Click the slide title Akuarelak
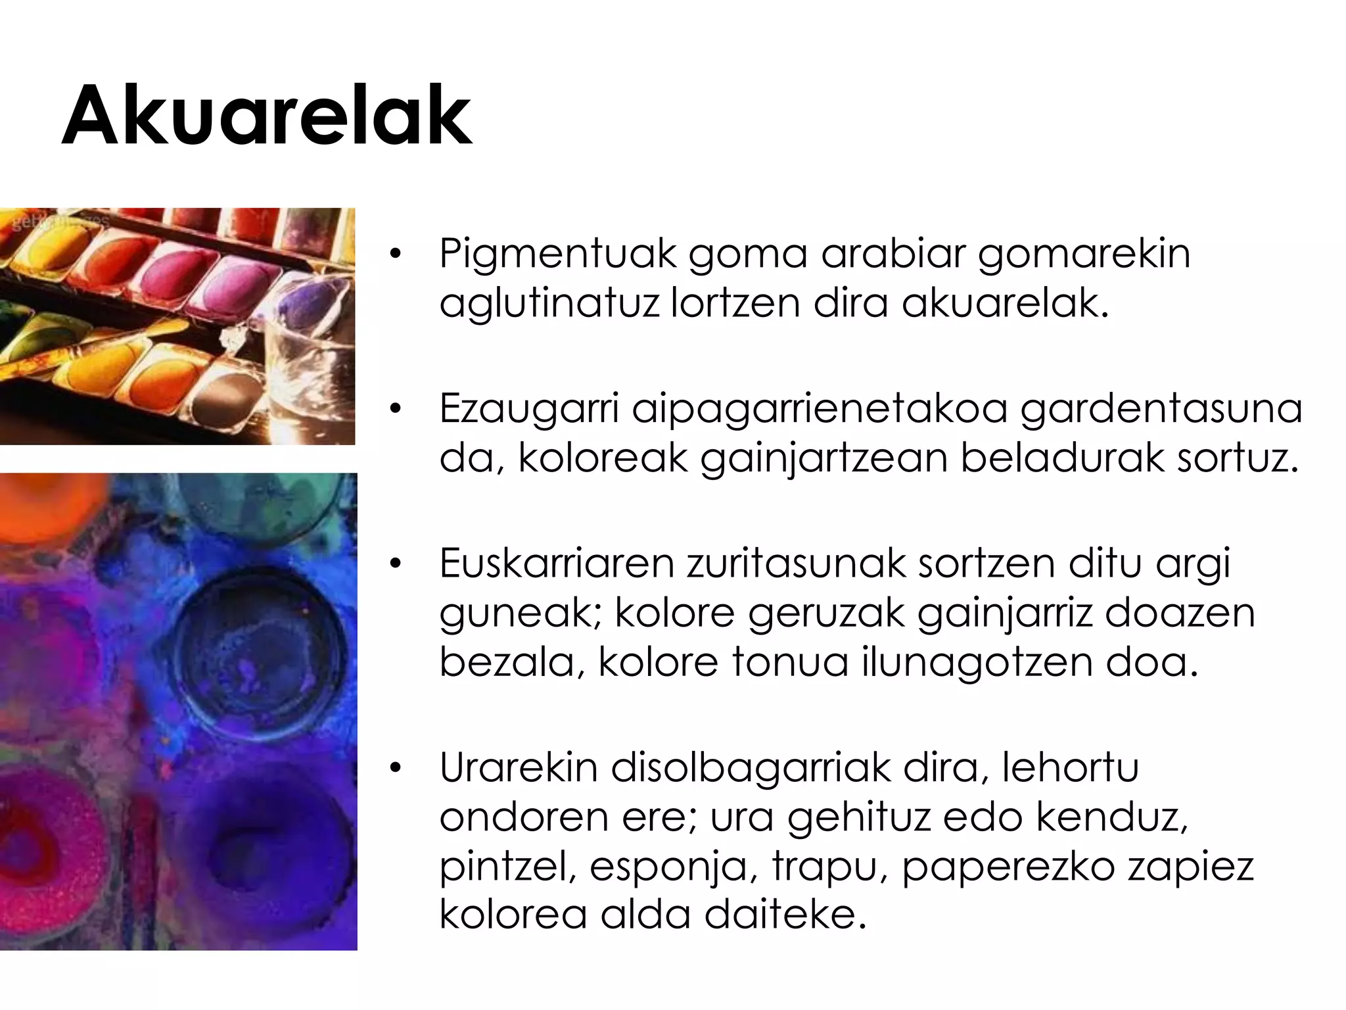[267, 116]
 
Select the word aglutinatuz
[549, 304]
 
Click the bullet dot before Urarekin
[394, 768]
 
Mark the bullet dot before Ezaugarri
[394, 409]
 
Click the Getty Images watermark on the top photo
[59, 222]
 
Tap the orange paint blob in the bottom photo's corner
[36, 506]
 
